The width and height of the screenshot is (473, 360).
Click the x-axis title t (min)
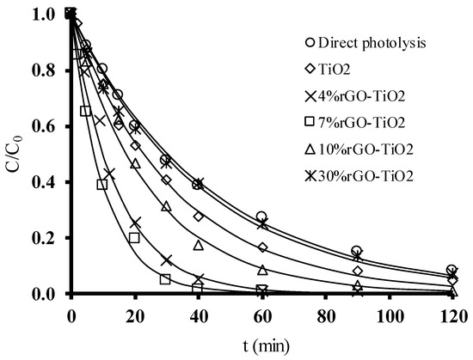[x=261, y=347]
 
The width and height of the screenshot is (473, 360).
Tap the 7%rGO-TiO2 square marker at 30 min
[x=165, y=279]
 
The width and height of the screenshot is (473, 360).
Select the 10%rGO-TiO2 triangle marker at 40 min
[x=199, y=245]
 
